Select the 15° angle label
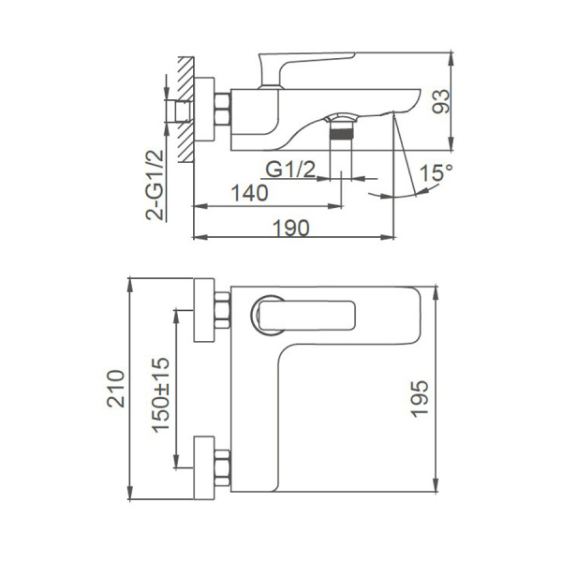click(435, 174)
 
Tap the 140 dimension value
click(248, 193)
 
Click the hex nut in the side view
click(223, 110)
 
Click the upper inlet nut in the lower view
click(223, 312)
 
